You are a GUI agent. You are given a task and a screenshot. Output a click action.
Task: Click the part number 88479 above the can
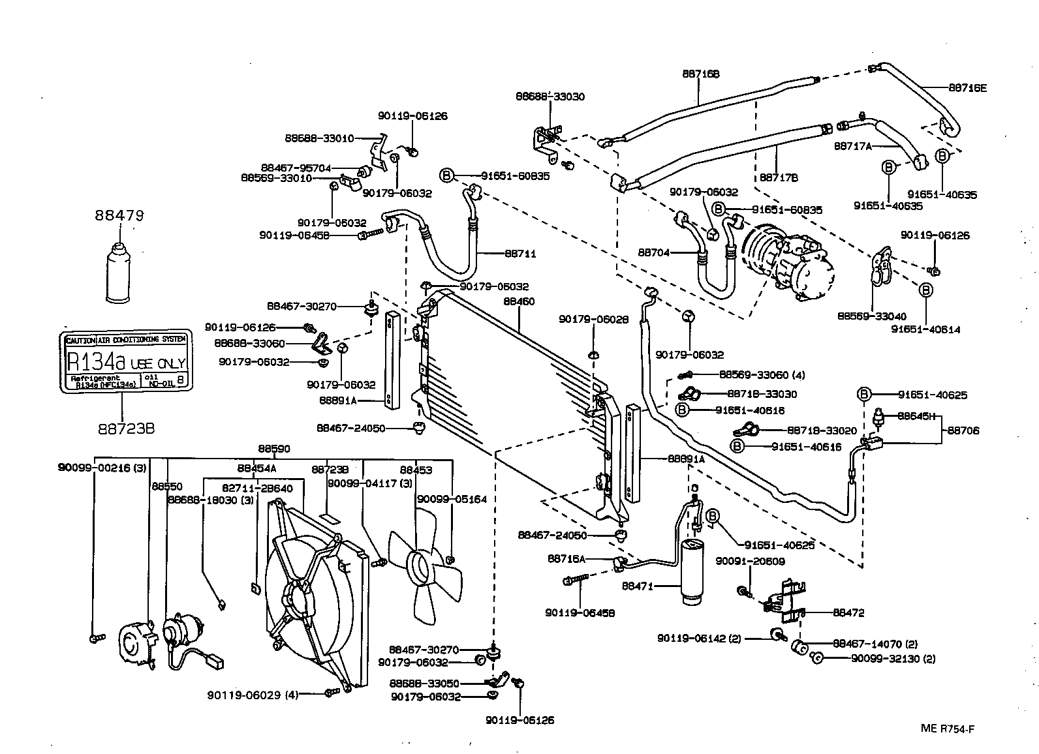[x=119, y=215]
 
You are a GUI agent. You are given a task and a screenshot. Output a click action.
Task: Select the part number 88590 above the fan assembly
[x=274, y=449]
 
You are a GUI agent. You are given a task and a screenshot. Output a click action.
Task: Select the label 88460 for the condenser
[x=519, y=302]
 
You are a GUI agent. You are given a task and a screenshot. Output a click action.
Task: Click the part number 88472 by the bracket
[x=848, y=612]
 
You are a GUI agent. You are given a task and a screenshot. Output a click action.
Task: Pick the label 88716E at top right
[x=967, y=87]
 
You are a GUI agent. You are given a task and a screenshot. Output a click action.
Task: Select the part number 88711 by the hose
[x=519, y=254]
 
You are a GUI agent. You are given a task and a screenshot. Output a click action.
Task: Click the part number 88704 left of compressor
[x=654, y=252]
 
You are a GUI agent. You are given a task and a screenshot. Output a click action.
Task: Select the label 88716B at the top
[x=701, y=74]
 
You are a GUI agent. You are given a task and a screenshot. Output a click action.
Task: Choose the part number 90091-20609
[x=750, y=561]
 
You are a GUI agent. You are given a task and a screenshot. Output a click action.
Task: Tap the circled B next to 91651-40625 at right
[x=864, y=395]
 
